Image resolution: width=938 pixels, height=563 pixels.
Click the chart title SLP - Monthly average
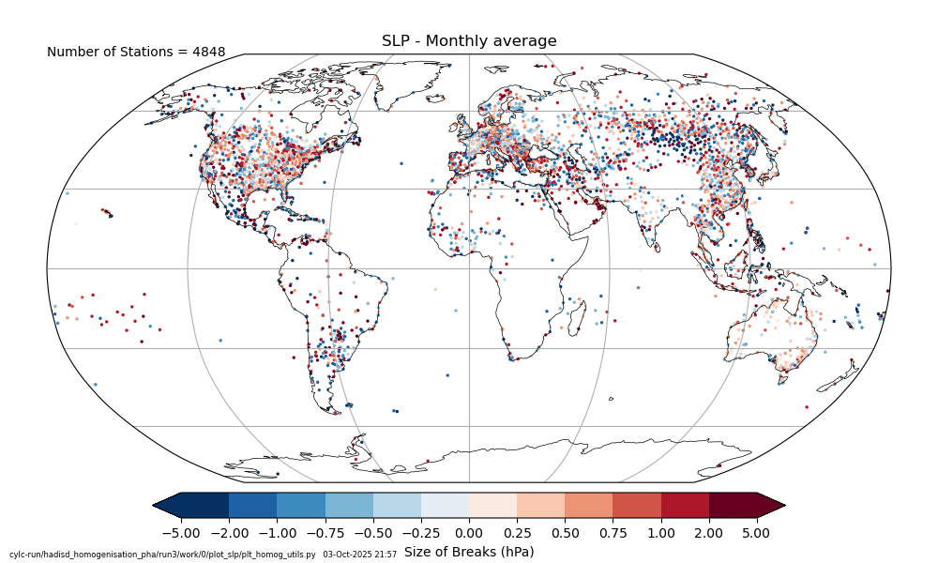469,41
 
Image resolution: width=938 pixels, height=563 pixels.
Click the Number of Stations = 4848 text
136,53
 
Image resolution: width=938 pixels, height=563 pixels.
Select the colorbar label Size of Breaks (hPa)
469,552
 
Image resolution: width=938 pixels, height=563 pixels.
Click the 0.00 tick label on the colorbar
469,533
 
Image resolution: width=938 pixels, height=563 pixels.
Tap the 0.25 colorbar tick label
517,533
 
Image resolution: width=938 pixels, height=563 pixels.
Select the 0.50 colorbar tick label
565,533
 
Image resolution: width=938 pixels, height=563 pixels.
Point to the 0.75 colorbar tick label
613,533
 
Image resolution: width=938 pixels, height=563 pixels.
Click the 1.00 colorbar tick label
661,533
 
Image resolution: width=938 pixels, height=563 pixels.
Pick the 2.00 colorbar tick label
709,533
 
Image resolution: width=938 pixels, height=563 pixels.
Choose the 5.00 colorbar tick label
757,533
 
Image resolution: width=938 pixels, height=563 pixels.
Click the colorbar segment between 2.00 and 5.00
733,505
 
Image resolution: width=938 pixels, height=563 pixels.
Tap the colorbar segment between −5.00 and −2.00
204,505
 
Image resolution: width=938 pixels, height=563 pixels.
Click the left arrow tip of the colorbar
156,505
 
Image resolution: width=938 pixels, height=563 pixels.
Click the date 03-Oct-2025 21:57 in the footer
359,555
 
